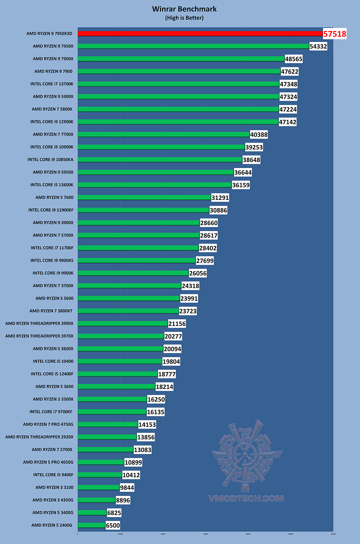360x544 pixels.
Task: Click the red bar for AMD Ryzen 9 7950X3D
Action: coord(200,34)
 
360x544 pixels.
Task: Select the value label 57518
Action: coord(335,34)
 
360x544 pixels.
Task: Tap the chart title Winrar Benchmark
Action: coord(184,9)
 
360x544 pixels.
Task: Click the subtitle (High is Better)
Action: coord(184,18)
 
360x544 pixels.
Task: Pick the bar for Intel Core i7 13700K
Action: coord(178,84)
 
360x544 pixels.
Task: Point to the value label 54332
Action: coord(318,46)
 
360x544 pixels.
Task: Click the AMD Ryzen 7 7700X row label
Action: coord(53,134)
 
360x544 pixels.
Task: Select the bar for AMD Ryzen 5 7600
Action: coord(144,197)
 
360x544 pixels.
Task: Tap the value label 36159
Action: coord(241,185)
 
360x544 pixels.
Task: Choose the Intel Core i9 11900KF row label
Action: coord(51,210)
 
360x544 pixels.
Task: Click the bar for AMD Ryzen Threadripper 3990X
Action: coord(123,324)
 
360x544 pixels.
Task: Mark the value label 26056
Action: coord(198,274)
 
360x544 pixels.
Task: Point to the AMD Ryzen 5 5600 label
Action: coord(54,299)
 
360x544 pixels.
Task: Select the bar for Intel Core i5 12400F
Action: coord(118,374)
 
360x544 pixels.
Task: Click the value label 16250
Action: coord(156,400)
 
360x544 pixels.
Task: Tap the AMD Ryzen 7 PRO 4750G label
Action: coord(48,425)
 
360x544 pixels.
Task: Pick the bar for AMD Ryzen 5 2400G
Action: coord(92,525)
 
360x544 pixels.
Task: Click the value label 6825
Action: coord(114,513)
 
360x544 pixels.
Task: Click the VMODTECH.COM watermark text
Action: coord(246,499)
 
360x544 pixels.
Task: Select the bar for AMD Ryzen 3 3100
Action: coord(99,488)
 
